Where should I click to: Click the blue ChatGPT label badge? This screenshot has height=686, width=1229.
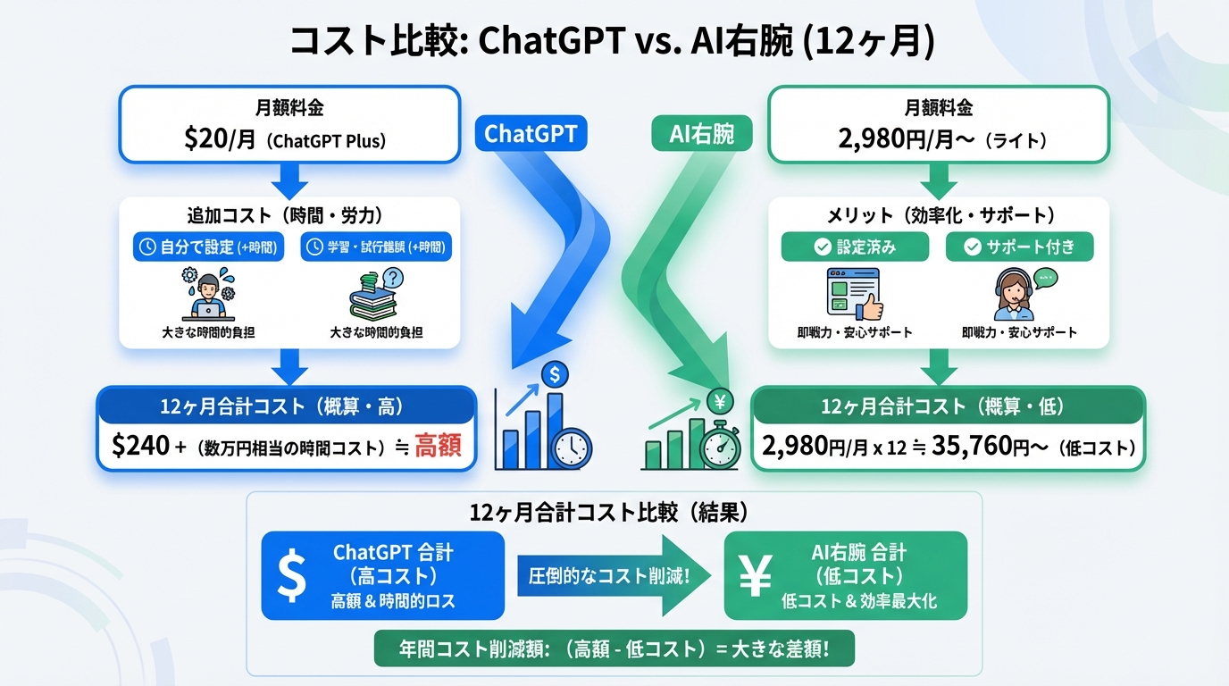(531, 134)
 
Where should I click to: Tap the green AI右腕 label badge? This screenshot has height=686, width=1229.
(701, 134)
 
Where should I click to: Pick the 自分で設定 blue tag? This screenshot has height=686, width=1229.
(208, 247)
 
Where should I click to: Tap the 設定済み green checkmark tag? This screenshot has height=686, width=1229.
(854, 247)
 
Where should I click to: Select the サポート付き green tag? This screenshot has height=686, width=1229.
(1019, 247)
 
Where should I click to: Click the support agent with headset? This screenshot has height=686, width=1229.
(1017, 294)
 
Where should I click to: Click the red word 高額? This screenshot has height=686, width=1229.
(439, 445)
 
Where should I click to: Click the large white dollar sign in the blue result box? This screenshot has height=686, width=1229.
(290, 576)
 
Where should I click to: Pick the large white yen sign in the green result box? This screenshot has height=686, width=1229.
(756, 576)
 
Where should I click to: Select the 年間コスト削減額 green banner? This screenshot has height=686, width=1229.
(614, 648)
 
